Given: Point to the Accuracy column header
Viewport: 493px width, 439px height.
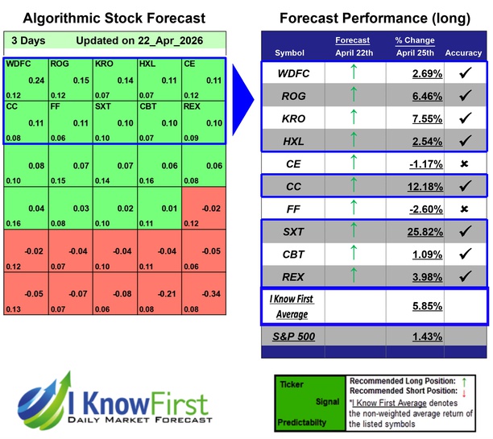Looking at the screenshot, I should [x=462, y=53].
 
